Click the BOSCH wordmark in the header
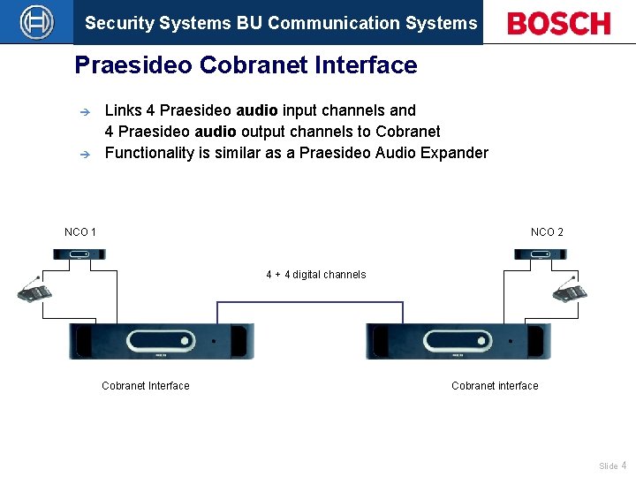[x=559, y=23]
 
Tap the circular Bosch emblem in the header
[x=36, y=22]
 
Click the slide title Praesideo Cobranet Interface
[x=246, y=65]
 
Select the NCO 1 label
[x=80, y=232]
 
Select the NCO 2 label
[x=547, y=232]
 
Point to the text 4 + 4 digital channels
[x=315, y=275]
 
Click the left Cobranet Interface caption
[x=145, y=386]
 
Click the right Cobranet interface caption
[x=495, y=386]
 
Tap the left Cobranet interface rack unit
[x=162, y=341]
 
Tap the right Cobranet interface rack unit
[x=458, y=341]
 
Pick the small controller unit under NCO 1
[x=79, y=254]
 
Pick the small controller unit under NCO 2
[x=541, y=254]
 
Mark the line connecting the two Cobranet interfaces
[x=310, y=302]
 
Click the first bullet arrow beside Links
[x=85, y=112]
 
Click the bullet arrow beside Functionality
[x=85, y=154]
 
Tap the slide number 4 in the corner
[x=625, y=466]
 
